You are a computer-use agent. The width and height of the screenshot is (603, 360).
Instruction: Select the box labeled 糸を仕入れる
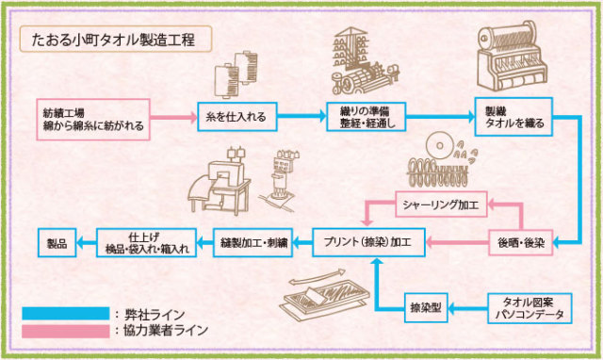click(234, 119)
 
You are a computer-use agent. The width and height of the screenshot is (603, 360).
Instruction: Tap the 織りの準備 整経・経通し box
click(365, 119)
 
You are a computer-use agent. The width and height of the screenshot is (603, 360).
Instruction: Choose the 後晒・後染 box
click(518, 242)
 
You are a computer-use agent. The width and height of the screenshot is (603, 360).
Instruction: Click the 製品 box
click(57, 242)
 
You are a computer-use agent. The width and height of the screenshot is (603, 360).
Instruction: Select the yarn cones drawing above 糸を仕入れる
click(236, 76)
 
